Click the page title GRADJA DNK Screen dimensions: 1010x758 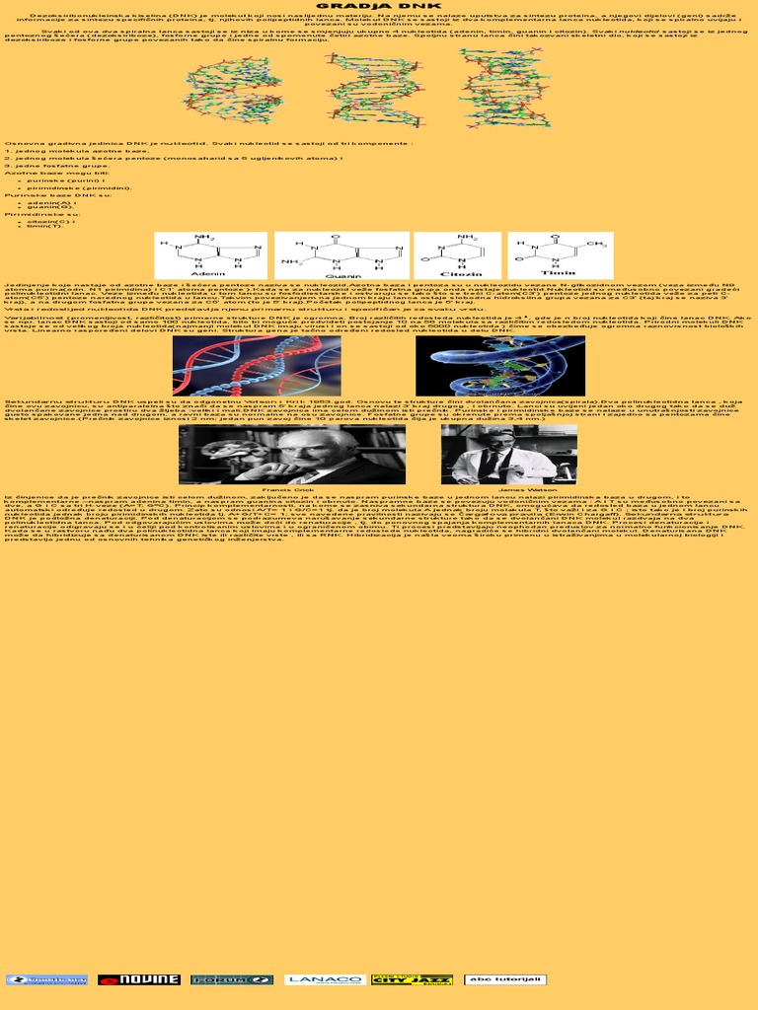click(x=378, y=5)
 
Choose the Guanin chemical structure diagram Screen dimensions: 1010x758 click(x=341, y=254)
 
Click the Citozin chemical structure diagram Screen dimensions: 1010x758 click(x=457, y=254)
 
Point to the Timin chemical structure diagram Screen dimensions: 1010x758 click(x=560, y=254)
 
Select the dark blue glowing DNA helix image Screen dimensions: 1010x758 click(x=499, y=365)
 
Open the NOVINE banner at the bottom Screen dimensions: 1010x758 click(x=138, y=979)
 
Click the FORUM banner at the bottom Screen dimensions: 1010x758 click(x=231, y=979)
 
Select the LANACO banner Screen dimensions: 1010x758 click(x=325, y=979)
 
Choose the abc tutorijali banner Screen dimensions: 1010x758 click(x=505, y=979)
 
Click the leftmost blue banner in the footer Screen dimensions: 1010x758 click(x=46, y=979)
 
